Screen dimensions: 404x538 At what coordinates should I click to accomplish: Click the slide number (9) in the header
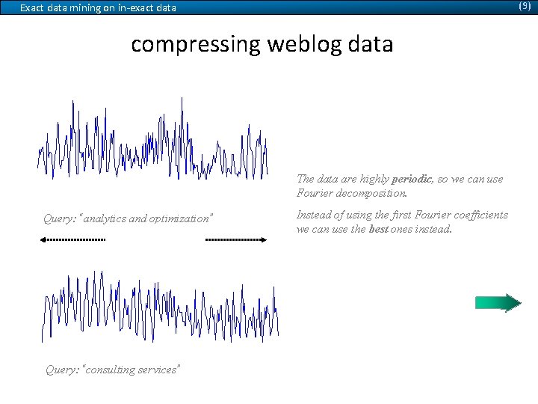click(525, 6)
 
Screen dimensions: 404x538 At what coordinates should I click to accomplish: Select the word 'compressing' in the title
click(194, 45)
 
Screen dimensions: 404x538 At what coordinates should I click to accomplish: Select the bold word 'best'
click(379, 230)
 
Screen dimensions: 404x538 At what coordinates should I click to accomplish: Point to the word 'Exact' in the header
click(31, 8)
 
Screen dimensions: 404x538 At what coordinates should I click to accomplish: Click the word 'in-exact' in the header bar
click(134, 8)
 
